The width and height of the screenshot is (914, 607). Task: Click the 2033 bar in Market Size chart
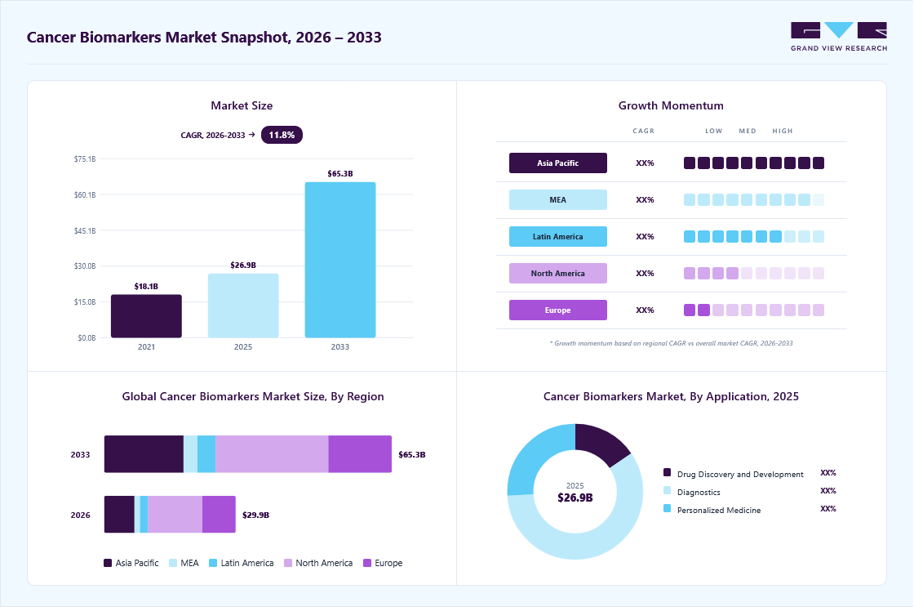coord(339,260)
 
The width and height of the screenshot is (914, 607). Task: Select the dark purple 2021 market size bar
coord(146,316)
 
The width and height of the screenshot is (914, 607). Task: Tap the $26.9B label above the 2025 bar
coord(243,265)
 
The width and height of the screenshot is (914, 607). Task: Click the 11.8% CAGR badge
coord(282,135)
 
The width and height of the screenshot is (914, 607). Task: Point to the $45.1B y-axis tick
coord(85,230)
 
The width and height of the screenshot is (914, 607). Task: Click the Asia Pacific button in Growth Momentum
coord(558,163)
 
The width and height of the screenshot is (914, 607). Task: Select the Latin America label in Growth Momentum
coord(558,236)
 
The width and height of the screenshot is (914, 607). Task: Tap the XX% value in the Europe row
coord(645,310)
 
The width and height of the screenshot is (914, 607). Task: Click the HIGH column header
coord(783,131)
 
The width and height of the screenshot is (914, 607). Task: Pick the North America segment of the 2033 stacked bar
coord(273,454)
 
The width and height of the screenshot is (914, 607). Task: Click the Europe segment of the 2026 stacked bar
coord(220,514)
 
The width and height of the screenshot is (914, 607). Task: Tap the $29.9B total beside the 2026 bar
coord(256,515)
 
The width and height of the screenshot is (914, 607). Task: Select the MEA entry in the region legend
coord(184,563)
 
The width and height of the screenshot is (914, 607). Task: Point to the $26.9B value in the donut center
coord(575,498)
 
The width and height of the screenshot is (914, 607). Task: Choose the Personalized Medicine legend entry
coord(712,510)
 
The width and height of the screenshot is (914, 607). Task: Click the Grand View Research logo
coord(839,37)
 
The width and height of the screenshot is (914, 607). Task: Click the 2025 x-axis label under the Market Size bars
coord(243,346)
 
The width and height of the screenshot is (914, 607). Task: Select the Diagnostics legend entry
coord(692,492)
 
